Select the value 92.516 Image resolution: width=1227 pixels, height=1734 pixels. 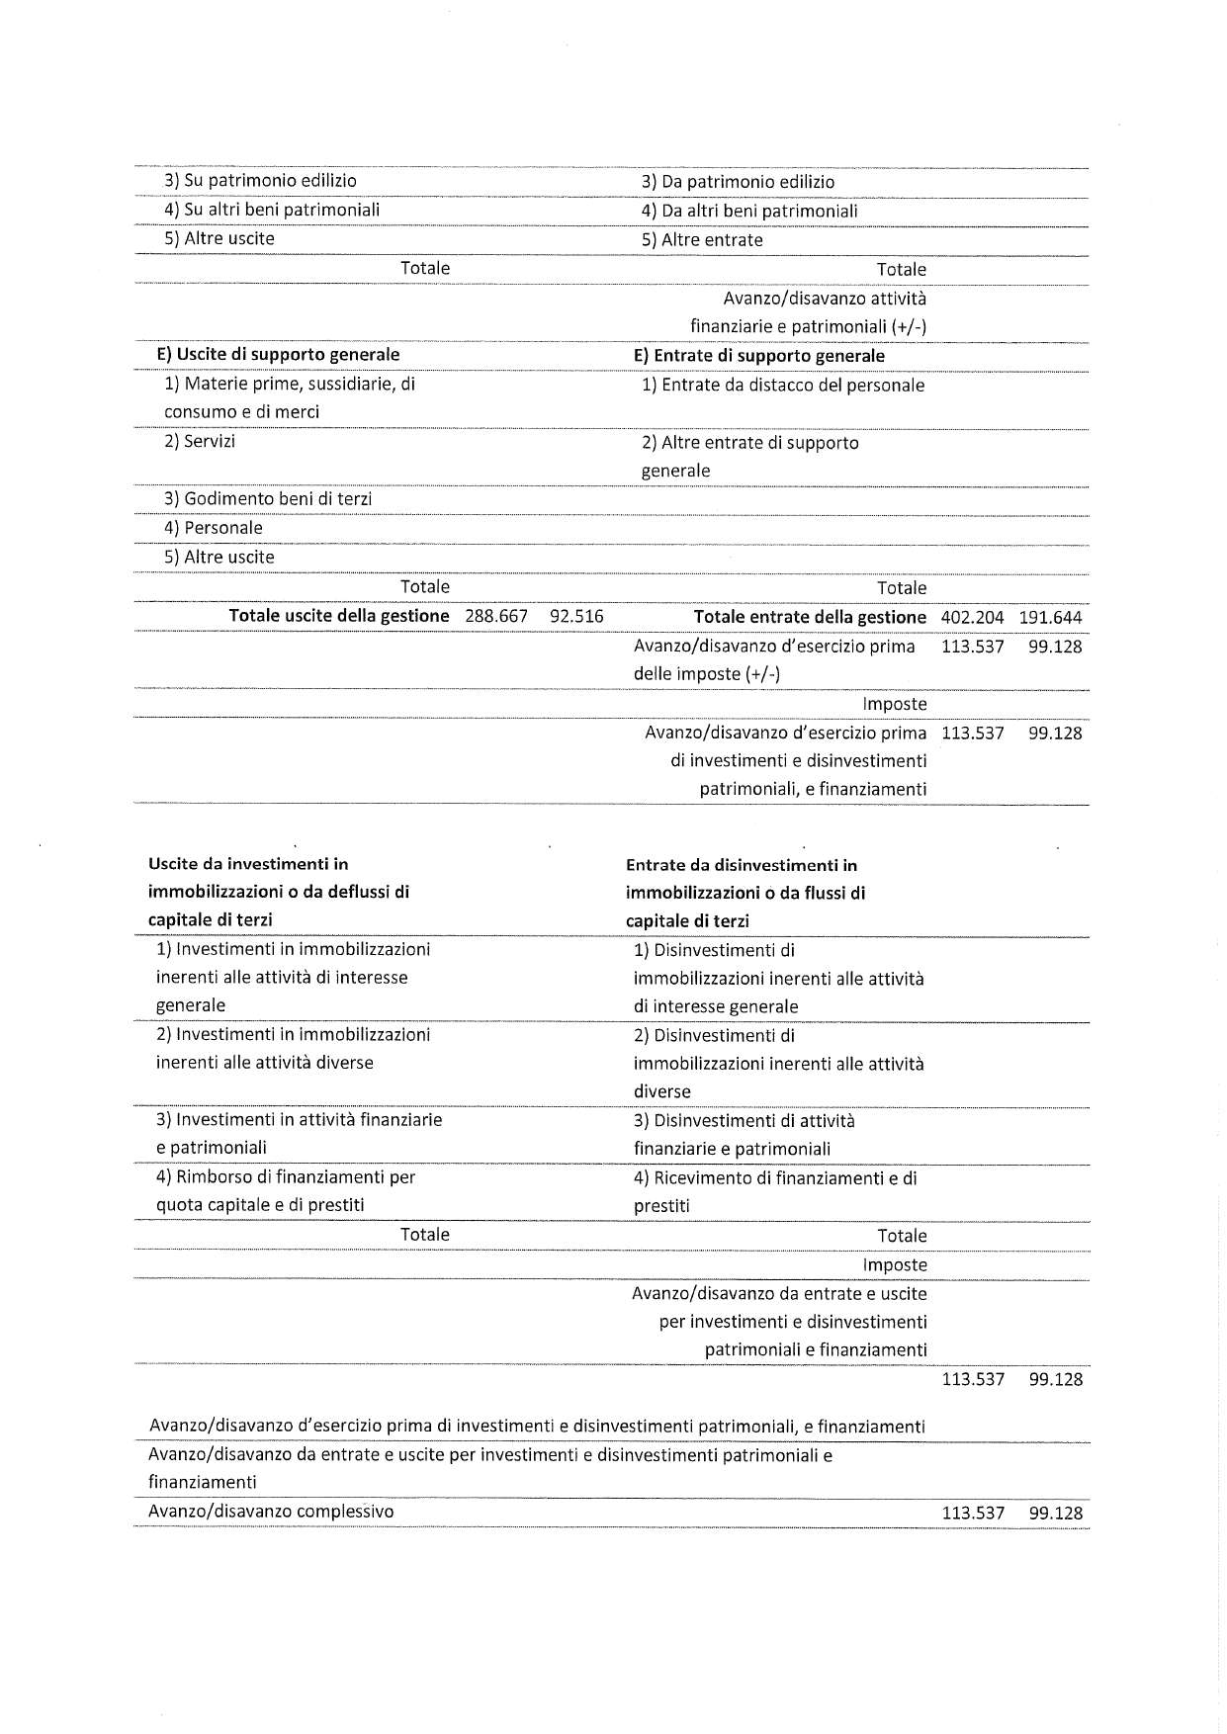click(x=576, y=616)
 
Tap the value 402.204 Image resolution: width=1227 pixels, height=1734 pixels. click(x=966, y=617)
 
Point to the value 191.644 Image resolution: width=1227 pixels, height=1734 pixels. click(x=1050, y=617)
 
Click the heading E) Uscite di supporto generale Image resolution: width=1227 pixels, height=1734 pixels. click(x=278, y=354)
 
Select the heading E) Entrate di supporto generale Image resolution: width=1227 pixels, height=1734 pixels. click(x=758, y=355)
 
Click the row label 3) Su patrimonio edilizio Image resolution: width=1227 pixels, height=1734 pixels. click(x=260, y=180)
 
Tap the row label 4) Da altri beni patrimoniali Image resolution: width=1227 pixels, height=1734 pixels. click(x=749, y=211)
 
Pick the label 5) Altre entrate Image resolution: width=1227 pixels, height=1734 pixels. click(x=702, y=239)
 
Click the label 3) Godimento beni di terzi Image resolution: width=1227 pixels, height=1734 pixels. click(x=268, y=498)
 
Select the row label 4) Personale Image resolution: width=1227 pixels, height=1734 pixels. click(x=214, y=527)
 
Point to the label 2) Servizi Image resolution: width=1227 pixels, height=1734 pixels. click(x=200, y=441)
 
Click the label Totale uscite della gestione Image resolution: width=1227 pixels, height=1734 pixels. click(x=339, y=616)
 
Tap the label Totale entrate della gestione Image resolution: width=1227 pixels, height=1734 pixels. click(x=810, y=617)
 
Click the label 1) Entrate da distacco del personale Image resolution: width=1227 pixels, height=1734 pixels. click(x=783, y=385)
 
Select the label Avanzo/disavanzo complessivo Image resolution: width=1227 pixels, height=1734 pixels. click(x=271, y=1511)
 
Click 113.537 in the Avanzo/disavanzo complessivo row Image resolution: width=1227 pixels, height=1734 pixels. click(x=973, y=1513)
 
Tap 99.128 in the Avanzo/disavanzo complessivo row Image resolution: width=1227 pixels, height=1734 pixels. click(x=1055, y=1513)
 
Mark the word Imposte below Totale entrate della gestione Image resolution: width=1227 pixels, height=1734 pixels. click(x=895, y=704)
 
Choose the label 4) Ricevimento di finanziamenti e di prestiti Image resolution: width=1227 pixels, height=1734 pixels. click(x=775, y=1191)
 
